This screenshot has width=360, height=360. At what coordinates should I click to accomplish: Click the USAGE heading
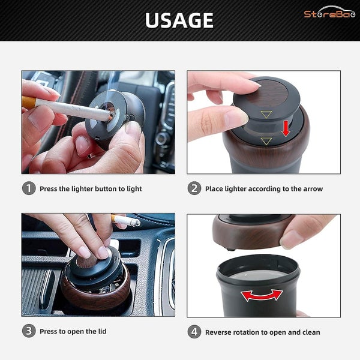point(179,20)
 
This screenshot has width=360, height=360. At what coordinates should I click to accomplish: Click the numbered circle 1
point(29,188)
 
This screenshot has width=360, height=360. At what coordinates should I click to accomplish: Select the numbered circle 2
point(194,188)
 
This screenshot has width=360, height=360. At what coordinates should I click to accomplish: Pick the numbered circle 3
point(29,331)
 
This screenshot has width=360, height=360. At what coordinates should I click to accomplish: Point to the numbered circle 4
point(194,331)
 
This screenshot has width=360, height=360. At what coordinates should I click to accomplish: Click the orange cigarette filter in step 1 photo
point(28,103)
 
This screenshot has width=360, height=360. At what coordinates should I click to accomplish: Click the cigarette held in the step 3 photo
point(127,221)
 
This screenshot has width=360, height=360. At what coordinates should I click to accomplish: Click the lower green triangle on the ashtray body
point(266,141)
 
